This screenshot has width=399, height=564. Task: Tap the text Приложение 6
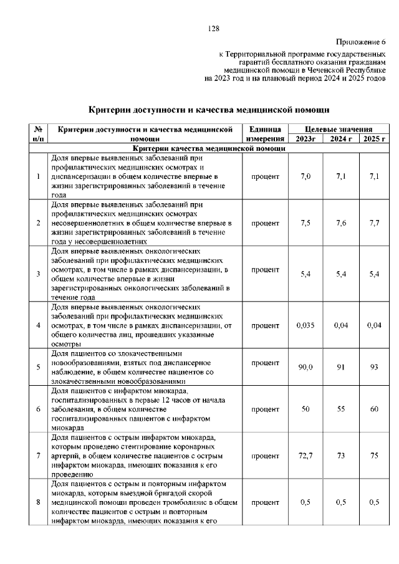(x=362, y=42)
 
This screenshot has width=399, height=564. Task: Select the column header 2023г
(x=305, y=138)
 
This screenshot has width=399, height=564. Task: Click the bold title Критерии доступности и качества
(x=209, y=109)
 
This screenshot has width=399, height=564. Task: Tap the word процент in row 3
(x=265, y=270)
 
